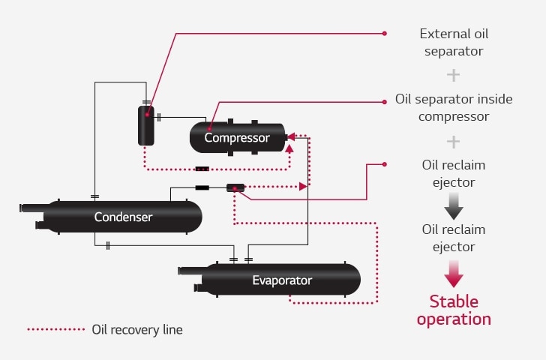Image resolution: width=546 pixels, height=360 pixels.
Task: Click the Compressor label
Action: (237, 138)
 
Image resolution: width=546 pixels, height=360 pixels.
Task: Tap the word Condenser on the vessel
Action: (123, 217)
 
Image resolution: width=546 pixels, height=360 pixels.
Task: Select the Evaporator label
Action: (282, 280)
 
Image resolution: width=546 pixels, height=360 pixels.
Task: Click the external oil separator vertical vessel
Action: (146, 125)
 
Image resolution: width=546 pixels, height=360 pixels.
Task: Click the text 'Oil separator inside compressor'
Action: (454, 107)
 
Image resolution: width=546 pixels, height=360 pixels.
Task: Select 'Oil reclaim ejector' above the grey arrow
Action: (453, 172)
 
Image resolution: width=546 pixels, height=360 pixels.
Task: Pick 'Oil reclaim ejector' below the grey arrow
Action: (453, 238)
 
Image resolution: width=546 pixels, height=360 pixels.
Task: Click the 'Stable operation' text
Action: (454, 310)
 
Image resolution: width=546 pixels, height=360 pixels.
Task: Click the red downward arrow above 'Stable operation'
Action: (454, 273)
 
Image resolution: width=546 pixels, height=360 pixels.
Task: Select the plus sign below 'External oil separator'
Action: (453, 75)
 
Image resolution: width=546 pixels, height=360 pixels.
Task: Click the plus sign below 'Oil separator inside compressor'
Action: (453, 141)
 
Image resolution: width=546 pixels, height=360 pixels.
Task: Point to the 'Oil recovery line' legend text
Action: (136, 329)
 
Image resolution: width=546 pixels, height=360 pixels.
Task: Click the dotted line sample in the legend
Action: (56, 329)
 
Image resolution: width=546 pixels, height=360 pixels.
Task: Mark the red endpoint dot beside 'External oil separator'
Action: (385, 33)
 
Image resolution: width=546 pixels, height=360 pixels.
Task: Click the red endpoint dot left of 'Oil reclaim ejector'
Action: (385, 163)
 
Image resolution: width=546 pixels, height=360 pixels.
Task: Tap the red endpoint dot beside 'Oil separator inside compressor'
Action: (385, 99)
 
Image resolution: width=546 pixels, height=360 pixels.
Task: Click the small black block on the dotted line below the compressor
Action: (202, 169)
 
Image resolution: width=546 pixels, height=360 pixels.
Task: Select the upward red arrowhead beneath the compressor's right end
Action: (289, 148)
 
